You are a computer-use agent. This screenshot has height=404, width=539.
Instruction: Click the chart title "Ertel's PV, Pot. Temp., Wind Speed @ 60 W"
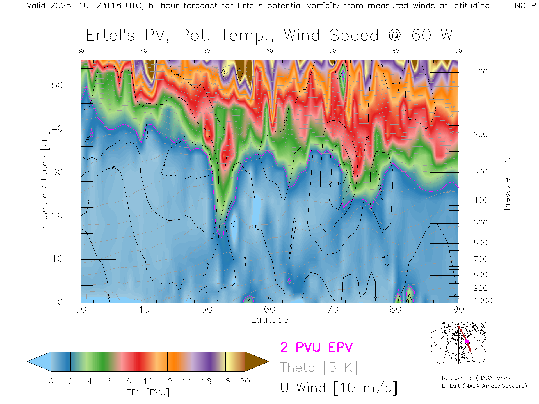pos(269,36)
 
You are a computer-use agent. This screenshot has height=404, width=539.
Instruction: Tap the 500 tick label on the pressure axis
pos(480,223)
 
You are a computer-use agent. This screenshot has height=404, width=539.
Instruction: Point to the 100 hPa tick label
pos(480,72)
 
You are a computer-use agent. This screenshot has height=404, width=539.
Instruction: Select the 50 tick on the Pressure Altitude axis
pos(57,85)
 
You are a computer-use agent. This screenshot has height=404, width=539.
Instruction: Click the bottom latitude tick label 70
pos(333,309)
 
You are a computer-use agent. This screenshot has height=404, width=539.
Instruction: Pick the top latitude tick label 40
pos(144,51)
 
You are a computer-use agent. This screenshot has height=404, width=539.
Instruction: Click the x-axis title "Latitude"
pos(269,320)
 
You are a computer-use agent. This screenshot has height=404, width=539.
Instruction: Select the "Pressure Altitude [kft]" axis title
pos(44,182)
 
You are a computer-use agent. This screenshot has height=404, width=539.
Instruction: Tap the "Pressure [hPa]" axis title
pos(507,182)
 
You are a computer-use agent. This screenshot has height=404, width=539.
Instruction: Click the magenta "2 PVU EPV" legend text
pos(316,347)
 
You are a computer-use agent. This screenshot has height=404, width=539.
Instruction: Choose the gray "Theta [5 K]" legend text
pos(319,368)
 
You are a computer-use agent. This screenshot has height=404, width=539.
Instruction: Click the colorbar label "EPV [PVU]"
pos(148,392)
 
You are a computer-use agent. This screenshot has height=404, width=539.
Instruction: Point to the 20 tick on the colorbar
pos(245,382)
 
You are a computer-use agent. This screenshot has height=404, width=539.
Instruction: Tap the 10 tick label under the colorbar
pos(148,382)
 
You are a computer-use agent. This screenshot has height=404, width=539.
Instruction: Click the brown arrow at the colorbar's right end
pos(256,362)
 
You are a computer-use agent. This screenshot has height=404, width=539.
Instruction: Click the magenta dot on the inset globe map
pos(467,341)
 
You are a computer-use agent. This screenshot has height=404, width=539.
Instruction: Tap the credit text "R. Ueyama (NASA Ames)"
pos(477,378)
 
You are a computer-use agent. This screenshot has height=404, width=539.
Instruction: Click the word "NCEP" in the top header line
pos(525,6)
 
